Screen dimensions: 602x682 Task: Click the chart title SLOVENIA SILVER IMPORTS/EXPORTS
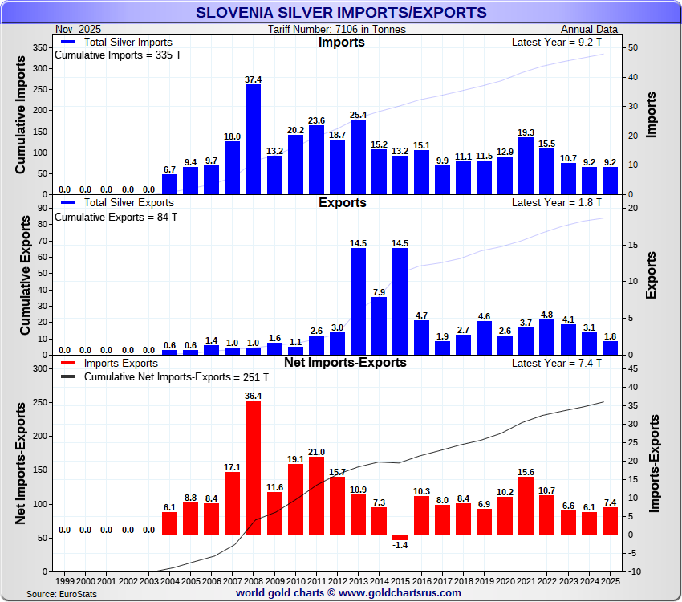click(341, 12)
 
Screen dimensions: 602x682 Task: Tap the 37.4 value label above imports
click(254, 79)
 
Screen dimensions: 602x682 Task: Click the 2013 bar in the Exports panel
click(358, 301)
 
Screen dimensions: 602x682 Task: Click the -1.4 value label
click(400, 545)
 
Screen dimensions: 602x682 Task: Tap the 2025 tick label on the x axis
click(611, 580)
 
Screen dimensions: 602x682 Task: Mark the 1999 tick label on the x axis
click(65, 580)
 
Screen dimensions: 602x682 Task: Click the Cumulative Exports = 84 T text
click(116, 217)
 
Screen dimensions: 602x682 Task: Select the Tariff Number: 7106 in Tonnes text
click(337, 30)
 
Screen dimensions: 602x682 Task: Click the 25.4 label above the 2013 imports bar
click(358, 115)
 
